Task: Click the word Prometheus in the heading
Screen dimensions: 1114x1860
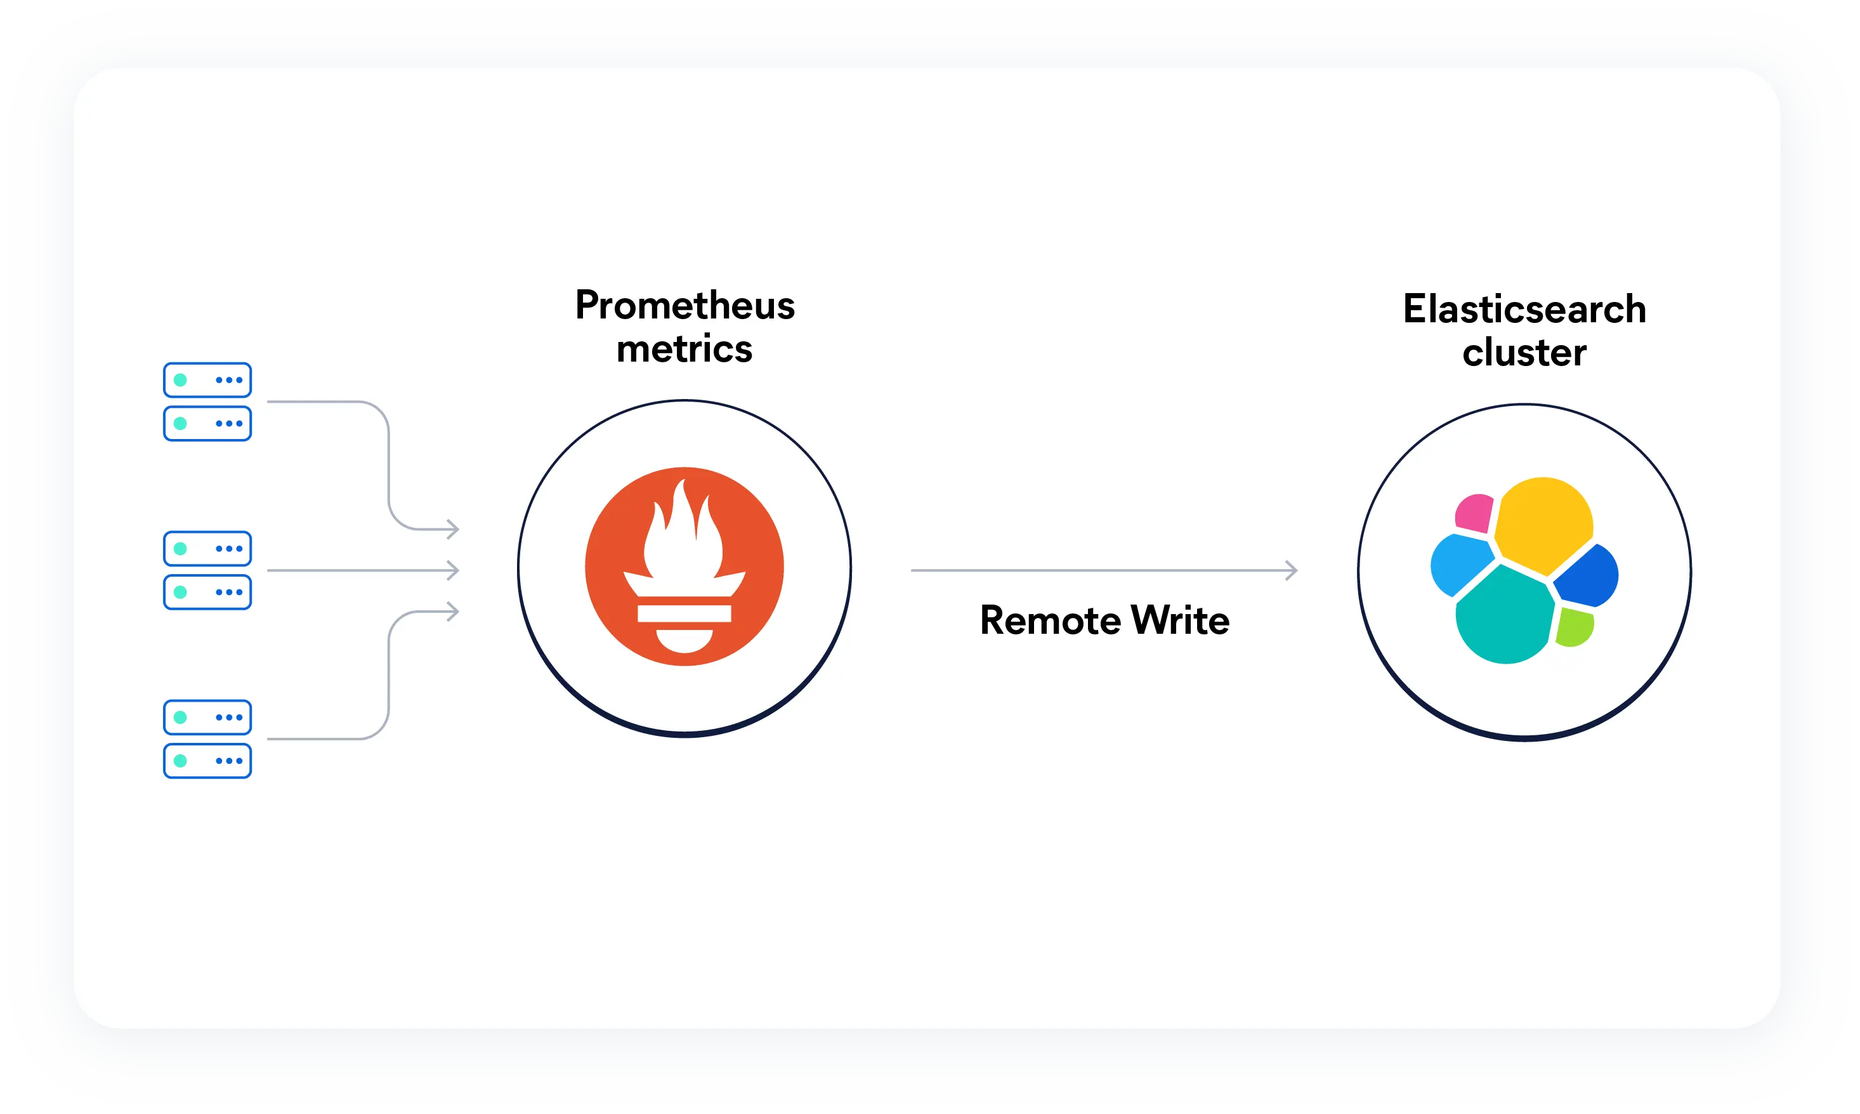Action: click(684, 306)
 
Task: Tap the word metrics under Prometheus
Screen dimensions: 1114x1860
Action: click(684, 349)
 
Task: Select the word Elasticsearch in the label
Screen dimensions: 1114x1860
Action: click(1524, 310)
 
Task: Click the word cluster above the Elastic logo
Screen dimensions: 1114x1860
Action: click(1524, 353)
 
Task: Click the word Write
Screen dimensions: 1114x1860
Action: click(1180, 621)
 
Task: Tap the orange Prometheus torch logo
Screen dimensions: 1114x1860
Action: click(684, 567)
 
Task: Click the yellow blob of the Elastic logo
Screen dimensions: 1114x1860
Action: click(1543, 524)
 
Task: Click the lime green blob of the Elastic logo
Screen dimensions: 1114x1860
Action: click(1574, 627)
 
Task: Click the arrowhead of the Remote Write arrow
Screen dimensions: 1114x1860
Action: click(1291, 570)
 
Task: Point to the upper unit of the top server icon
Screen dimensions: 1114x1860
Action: click(207, 380)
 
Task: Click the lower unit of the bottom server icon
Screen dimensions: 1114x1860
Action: click(207, 761)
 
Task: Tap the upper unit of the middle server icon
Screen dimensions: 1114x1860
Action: click(207, 549)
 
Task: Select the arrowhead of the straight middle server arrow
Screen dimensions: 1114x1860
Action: click(452, 570)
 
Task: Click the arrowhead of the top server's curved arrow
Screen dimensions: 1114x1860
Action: click(452, 529)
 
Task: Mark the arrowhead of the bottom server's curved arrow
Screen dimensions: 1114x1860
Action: click(452, 612)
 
